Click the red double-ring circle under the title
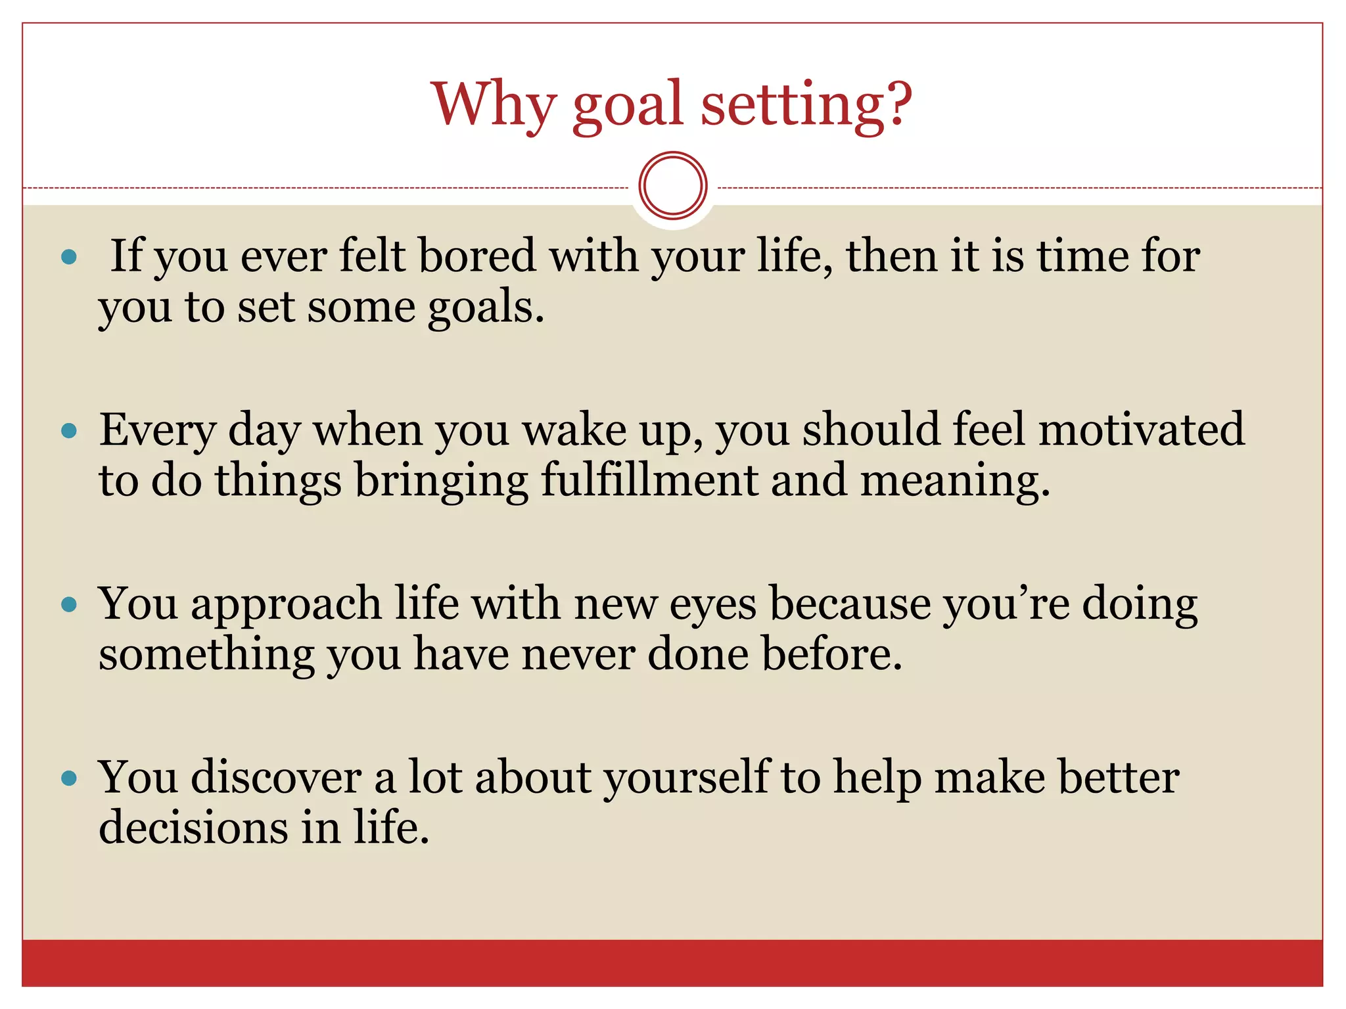pyautogui.click(x=672, y=186)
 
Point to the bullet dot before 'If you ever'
pyautogui.click(x=69, y=257)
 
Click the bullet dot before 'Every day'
pyautogui.click(x=69, y=432)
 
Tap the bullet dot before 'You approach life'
pyautogui.click(x=69, y=604)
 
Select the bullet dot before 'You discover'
pyautogui.click(x=69, y=779)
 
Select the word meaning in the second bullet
pyautogui.click(x=954, y=482)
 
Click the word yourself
pyautogui.click(x=687, y=779)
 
